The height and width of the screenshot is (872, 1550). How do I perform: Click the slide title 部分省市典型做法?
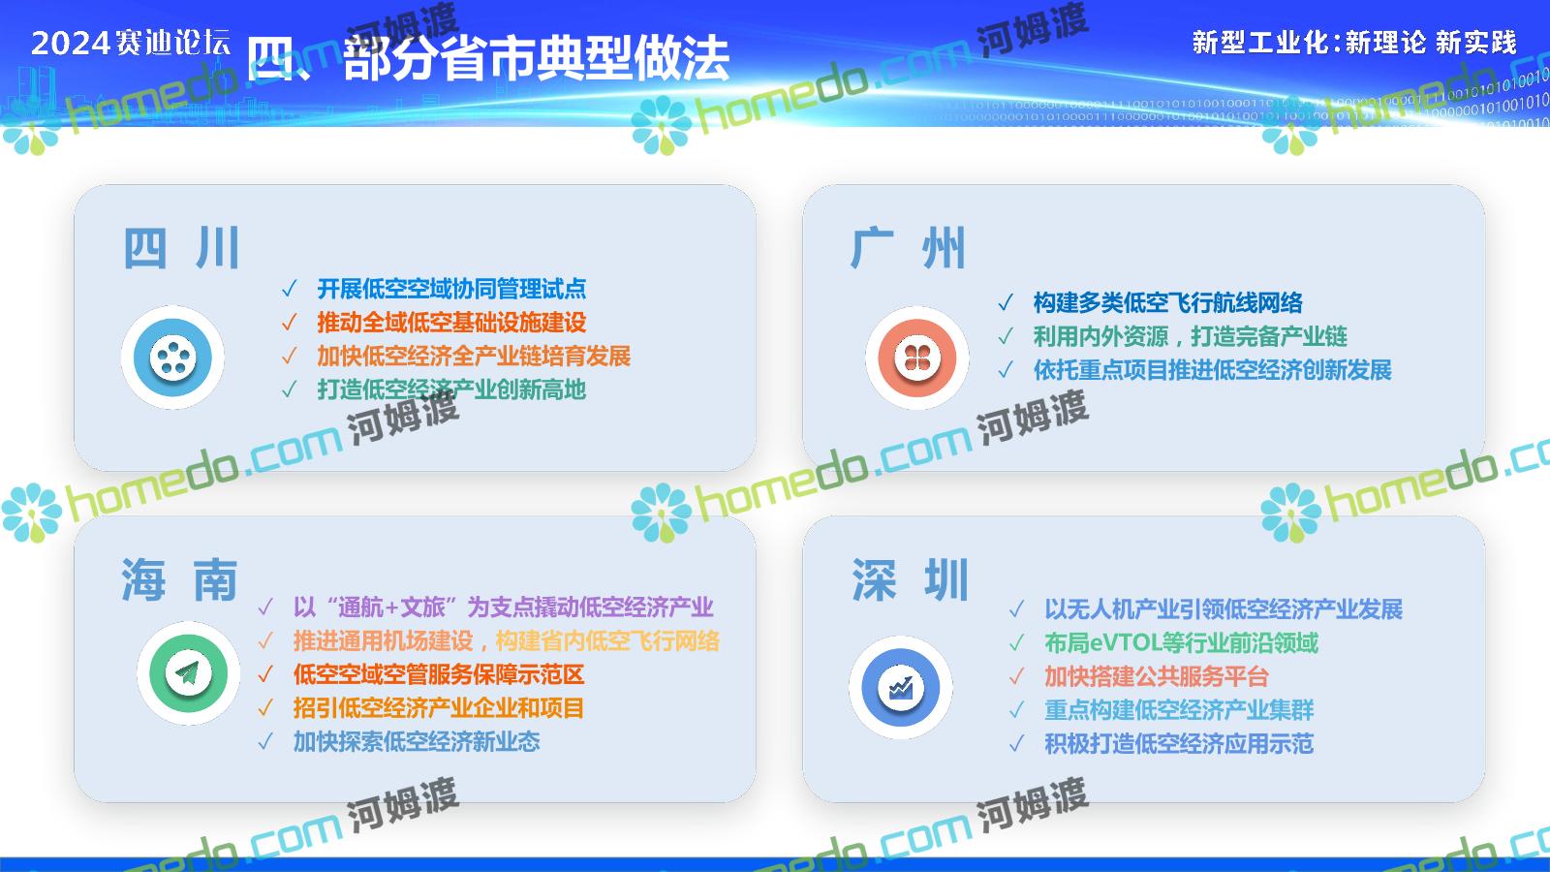pos(537,58)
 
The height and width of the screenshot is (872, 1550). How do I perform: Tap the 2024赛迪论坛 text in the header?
pos(131,43)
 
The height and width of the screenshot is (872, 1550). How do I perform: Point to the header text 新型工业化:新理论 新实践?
pos(1354,43)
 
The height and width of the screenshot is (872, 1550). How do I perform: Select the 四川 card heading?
pos(182,248)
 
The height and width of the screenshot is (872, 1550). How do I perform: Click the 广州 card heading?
pos(908,248)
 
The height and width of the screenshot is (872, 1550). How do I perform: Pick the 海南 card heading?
pos(180,579)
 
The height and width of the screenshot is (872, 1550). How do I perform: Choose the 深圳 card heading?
pos(910,579)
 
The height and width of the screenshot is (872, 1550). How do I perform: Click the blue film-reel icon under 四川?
pos(172,358)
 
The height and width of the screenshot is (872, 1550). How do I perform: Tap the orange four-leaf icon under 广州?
pos(916,358)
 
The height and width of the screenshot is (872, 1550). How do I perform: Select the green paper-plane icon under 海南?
pos(188,672)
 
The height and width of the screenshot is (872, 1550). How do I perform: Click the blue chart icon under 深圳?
pos(900,687)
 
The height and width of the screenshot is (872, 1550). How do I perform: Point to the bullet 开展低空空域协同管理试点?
pos(451,289)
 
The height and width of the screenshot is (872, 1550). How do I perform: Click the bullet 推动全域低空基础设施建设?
pos(451,322)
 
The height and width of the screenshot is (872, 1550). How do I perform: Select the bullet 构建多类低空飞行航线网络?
pos(1167,302)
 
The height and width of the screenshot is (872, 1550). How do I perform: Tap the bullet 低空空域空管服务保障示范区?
pos(439,674)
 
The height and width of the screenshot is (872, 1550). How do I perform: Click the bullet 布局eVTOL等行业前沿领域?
pos(1181,643)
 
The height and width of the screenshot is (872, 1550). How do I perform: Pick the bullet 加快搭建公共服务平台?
pos(1157,676)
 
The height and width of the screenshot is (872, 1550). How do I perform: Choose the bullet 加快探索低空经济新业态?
pos(417,741)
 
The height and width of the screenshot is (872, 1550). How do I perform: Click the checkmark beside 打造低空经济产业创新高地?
pos(290,389)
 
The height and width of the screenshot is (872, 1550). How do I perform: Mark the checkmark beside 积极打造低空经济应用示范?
pos(1016,744)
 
